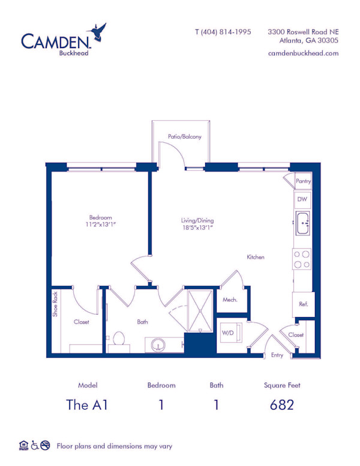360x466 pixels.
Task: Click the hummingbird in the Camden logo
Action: (x=97, y=32)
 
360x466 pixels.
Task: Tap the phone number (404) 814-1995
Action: (x=226, y=32)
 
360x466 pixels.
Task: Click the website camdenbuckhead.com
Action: (x=303, y=53)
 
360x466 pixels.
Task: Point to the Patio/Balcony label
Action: (x=184, y=137)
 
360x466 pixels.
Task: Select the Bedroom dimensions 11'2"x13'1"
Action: (x=100, y=225)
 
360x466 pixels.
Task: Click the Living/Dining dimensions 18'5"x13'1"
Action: (x=198, y=228)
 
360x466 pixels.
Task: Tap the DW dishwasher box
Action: (x=302, y=199)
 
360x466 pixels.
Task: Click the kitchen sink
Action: (x=302, y=223)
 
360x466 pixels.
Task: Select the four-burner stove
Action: (x=302, y=259)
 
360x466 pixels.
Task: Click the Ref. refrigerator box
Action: (x=303, y=304)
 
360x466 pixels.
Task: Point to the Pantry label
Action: (x=303, y=181)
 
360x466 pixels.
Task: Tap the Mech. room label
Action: (x=230, y=300)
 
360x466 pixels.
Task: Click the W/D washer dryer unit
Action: (x=231, y=333)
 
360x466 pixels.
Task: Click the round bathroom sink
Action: (x=158, y=345)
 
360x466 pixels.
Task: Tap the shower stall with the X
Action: (x=200, y=311)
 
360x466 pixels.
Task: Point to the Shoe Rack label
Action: (x=55, y=304)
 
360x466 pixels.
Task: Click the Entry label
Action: (x=277, y=355)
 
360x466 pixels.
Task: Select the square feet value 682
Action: (x=282, y=405)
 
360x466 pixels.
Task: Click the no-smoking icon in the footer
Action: (x=45, y=445)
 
